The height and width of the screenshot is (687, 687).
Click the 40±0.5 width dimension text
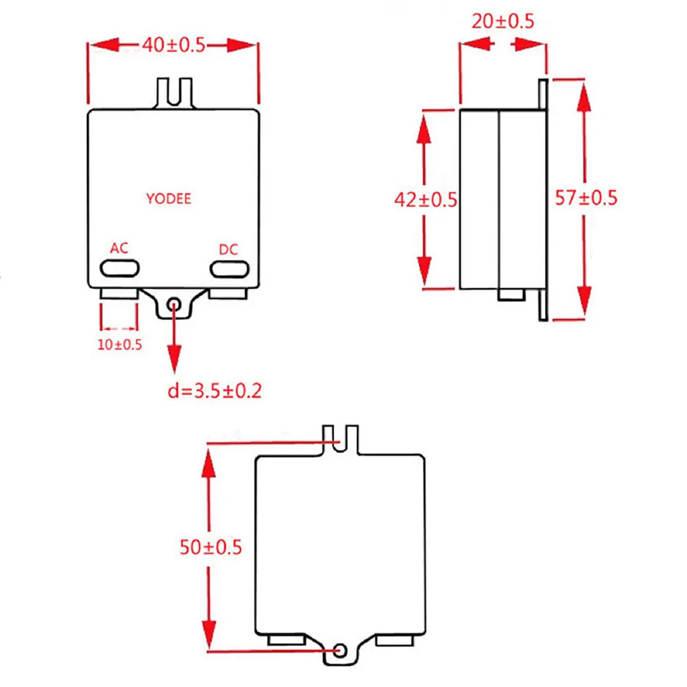coord(174,45)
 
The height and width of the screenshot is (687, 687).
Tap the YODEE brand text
coord(169,199)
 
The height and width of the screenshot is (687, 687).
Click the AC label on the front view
coord(119,248)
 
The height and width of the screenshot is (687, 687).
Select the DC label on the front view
coord(228,250)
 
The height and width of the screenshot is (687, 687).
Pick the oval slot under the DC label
coord(229,268)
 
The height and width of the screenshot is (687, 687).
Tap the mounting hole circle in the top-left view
coord(175,303)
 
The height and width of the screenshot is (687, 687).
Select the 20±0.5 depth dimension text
coord(502,21)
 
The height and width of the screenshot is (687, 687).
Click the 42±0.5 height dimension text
coord(426,200)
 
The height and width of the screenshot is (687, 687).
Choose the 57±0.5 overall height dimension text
coord(586,198)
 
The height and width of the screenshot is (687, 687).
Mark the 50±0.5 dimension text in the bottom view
coord(211,548)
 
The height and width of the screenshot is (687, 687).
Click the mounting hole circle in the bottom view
coord(340,649)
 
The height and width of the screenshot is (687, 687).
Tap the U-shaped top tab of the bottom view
coord(341,439)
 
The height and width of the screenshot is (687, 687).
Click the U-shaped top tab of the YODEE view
coord(174,92)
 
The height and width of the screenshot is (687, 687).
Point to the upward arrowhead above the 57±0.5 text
coord(584,100)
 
